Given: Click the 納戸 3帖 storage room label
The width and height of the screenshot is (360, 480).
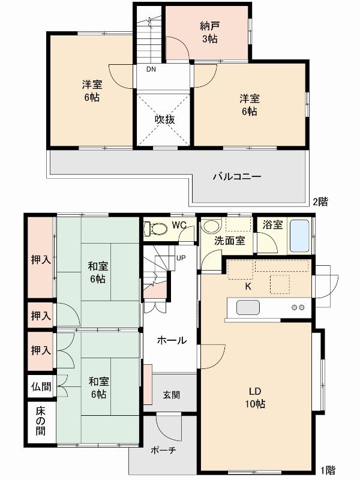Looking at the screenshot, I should click(x=209, y=32).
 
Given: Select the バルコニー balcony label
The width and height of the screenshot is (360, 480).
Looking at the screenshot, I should click(x=237, y=177).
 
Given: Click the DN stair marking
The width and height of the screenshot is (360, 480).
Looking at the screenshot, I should click(x=151, y=68).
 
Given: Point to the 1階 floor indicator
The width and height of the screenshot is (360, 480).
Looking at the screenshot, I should click(x=327, y=470).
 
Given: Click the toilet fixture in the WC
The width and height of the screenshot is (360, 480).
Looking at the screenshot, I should click(x=157, y=229).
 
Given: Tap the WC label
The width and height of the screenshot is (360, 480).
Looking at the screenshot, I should click(x=179, y=225).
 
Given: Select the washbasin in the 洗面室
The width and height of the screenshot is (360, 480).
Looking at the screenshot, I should click(x=211, y=227).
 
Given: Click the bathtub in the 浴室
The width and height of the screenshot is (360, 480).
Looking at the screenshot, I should click(x=299, y=236).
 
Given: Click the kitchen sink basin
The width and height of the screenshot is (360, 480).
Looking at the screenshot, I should click(x=248, y=308).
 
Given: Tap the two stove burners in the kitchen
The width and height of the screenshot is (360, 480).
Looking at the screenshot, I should click(x=298, y=308).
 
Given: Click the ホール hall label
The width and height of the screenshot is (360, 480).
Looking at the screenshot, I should click(x=172, y=340).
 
